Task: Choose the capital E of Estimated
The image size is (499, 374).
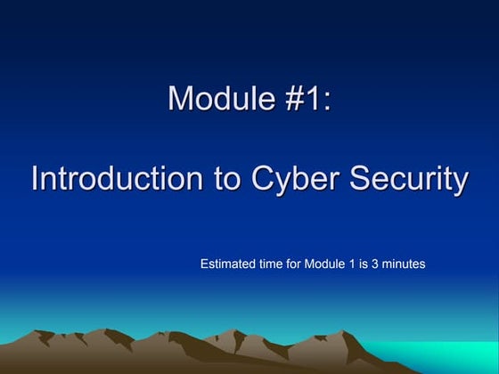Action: coord(204,264)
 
